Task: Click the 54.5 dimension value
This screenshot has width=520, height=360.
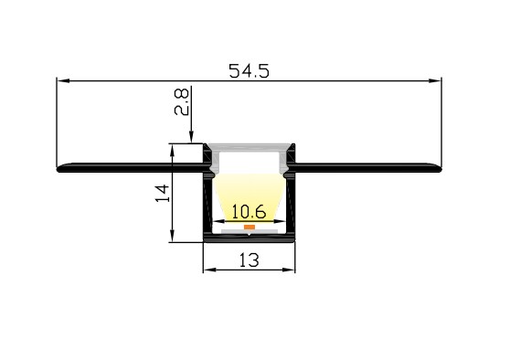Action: tap(249, 69)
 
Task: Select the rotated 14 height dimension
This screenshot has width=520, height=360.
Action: tap(163, 193)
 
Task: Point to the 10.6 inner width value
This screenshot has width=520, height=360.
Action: tap(249, 211)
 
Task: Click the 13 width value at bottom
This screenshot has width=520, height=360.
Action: tap(249, 259)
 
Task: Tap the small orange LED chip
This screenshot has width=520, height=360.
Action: tap(249, 225)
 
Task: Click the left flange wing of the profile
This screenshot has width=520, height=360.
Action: tap(128, 168)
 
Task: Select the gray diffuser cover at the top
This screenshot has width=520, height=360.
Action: tap(249, 147)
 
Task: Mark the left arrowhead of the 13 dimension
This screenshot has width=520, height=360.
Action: tap(207, 270)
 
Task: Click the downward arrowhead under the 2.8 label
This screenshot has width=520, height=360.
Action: tap(191, 138)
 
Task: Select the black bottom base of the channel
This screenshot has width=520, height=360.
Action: tap(249, 240)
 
